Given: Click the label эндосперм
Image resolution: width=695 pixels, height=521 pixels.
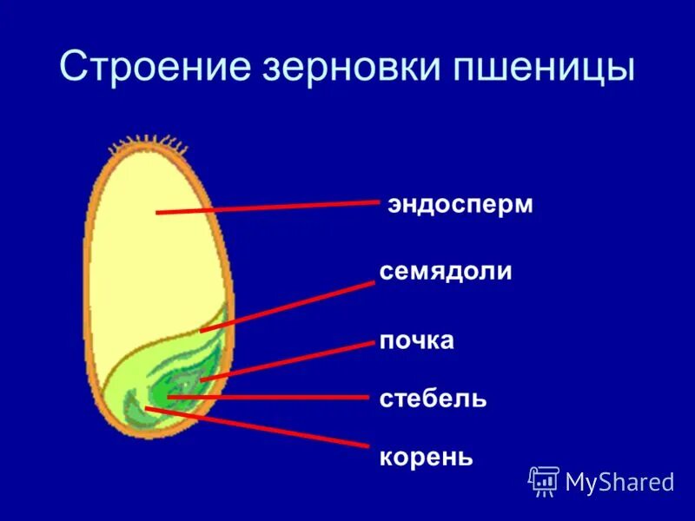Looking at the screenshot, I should coord(460,207).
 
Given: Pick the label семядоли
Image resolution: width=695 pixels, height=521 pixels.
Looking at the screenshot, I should coord(445,272).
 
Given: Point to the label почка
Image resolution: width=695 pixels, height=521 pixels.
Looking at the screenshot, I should coord(416,340).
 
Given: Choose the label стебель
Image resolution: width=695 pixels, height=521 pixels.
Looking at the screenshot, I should coord(433,399).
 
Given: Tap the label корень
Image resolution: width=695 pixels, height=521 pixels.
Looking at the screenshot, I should coord(426,457).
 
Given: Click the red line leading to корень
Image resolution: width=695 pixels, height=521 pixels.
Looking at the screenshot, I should coord(261,426).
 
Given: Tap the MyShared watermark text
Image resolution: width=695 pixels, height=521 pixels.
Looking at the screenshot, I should coord(619,482).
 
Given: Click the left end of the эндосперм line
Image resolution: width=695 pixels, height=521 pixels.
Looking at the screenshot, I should coord(158,212).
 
